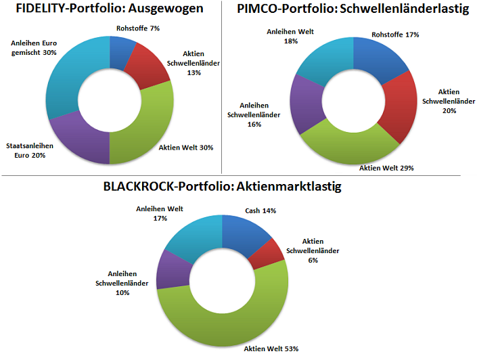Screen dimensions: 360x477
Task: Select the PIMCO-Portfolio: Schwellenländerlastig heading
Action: tap(353, 10)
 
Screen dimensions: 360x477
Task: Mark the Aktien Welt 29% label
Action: tap(386, 168)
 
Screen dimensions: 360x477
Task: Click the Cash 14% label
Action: tap(260, 210)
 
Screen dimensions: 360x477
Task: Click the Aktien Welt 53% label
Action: tap(271, 348)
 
